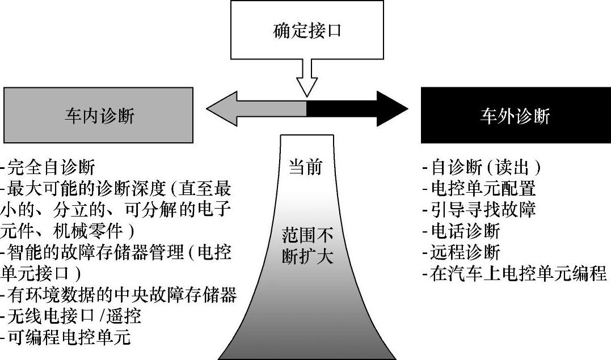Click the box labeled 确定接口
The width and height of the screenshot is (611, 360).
307,30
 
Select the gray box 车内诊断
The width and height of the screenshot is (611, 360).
99,116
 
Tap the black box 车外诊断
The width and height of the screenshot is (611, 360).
515,116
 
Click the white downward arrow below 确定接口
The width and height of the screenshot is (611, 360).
307,79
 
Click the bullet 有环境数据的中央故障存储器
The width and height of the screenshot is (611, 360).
119,295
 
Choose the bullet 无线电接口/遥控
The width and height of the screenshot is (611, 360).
71,316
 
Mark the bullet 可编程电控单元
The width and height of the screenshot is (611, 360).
67,337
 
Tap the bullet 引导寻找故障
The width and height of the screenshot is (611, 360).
479,210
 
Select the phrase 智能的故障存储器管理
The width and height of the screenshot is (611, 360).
94,252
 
